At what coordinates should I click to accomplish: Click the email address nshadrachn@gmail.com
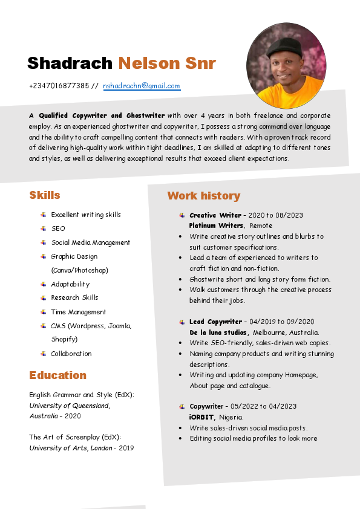142,86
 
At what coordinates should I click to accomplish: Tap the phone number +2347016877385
59,86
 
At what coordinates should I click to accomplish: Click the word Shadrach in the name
70,63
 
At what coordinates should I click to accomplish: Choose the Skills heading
45,195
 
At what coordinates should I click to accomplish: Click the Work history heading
204,196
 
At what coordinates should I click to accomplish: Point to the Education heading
58,375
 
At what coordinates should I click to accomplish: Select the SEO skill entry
58,229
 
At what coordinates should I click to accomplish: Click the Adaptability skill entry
70,284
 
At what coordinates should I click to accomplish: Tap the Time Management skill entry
79,312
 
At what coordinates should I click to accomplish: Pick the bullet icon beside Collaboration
44,354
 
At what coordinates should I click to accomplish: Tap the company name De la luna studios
219,332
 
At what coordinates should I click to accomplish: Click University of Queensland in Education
70,406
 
